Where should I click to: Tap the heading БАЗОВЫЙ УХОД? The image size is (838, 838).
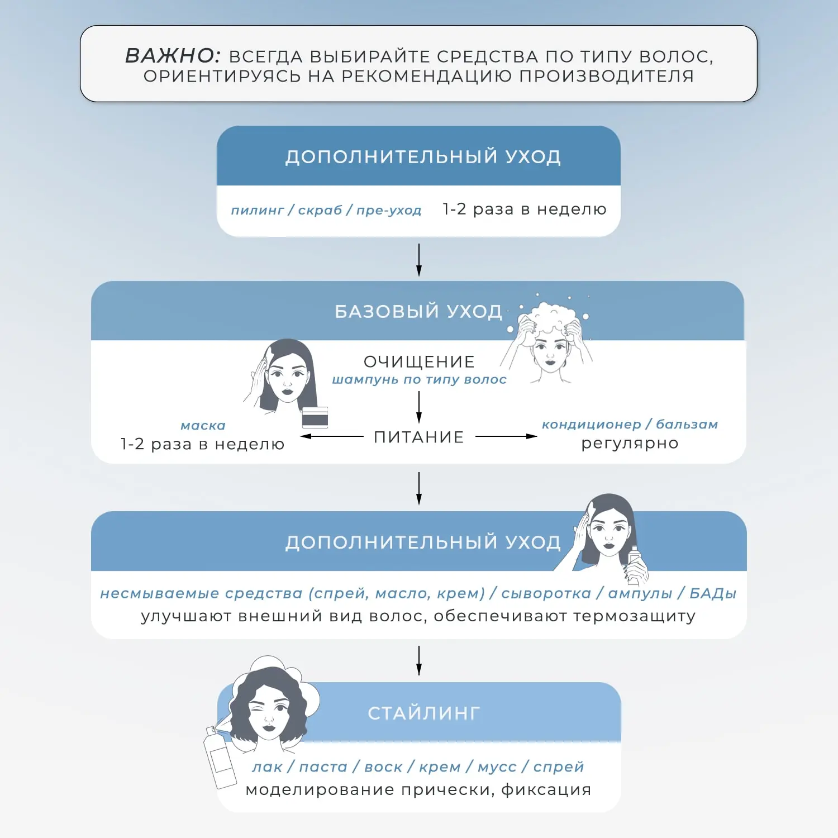click(x=418, y=311)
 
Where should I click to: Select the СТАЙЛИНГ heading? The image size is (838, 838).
click(x=424, y=713)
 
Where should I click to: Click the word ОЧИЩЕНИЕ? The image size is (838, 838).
click(x=419, y=361)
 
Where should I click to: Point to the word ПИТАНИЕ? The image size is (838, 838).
click(x=419, y=437)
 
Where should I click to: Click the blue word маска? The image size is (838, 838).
click(x=203, y=426)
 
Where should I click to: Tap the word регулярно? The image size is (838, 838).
click(x=630, y=444)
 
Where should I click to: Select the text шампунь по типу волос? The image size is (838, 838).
click(x=419, y=380)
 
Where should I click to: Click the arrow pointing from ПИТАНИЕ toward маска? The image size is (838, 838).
click(x=332, y=436)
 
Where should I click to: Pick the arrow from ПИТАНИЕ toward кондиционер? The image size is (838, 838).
click(x=506, y=436)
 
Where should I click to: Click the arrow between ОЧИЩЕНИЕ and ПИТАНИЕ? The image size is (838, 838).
click(x=419, y=407)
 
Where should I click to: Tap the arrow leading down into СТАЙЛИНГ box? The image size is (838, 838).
click(x=419, y=661)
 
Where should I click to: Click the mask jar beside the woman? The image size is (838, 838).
click(x=315, y=417)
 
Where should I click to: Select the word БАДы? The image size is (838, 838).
click(x=713, y=593)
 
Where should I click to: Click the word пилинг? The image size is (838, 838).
click(x=258, y=211)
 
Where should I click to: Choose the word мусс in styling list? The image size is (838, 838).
click(x=497, y=767)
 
